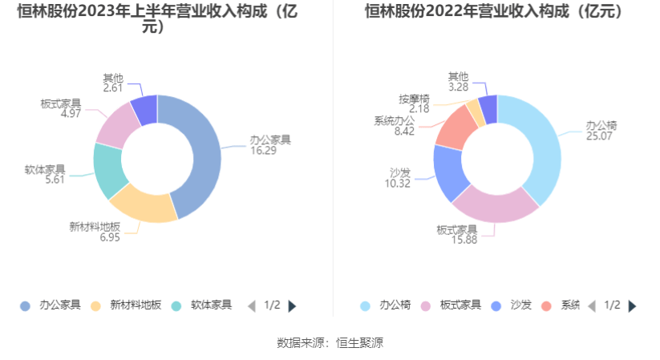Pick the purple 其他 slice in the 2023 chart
[x=145, y=110]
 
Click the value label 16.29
[x=269, y=150]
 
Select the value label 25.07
[x=598, y=136]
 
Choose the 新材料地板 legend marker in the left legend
[x=96, y=305]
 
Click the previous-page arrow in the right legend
[x=592, y=305]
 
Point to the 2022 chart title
[x=494, y=12]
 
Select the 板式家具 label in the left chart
[x=60, y=103]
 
